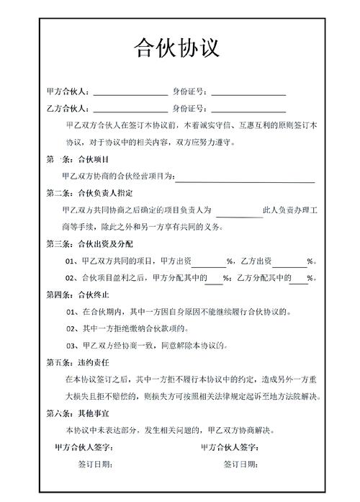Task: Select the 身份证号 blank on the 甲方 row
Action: tap(248, 93)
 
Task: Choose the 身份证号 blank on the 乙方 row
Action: tap(248, 109)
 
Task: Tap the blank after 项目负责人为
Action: tap(239, 211)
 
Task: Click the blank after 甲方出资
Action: tap(208, 261)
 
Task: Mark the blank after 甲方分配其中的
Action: tap(214, 279)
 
